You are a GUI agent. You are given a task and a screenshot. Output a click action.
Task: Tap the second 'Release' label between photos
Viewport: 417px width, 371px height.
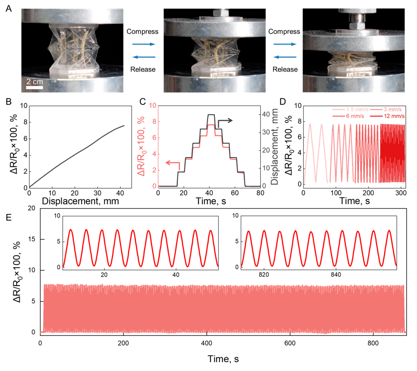pyautogui.click(x=285, y=69)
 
